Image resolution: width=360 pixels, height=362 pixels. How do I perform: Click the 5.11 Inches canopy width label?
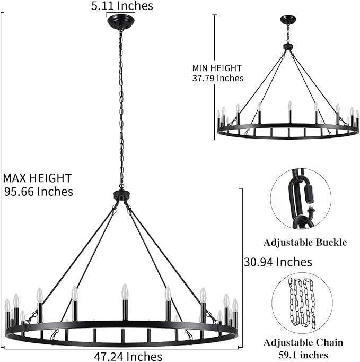122,5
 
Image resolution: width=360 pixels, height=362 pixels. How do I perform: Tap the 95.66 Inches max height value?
39,192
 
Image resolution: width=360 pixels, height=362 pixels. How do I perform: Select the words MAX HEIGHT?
37,178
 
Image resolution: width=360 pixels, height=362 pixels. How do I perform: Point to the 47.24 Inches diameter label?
128,356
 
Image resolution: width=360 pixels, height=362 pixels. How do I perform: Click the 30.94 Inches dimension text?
278,262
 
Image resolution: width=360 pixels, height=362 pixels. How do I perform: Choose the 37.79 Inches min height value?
218,78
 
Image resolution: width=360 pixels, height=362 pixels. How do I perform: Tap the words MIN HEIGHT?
217,68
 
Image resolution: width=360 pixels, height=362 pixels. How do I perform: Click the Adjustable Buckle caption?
305,243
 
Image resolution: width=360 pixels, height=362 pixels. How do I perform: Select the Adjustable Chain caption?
303,342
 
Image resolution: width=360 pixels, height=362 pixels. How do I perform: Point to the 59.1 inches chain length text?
303,355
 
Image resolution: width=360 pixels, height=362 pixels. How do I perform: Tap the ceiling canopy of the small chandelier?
288,20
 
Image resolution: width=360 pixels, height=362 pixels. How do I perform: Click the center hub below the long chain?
121,195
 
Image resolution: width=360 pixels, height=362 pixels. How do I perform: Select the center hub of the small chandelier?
288,47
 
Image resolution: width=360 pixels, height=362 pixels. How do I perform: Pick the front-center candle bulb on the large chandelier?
125,291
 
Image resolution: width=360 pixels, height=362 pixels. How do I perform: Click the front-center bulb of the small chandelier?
290,106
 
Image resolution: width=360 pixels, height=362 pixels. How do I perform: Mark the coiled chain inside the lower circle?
302,303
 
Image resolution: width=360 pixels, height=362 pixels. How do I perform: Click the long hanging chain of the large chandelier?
121,108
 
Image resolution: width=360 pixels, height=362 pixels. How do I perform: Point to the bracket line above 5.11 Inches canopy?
120,14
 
